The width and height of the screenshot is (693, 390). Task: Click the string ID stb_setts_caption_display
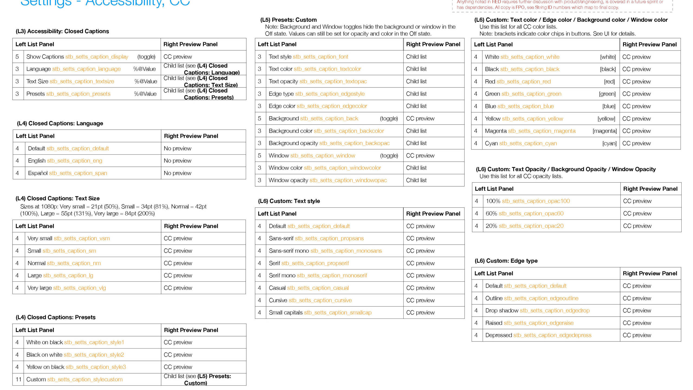[x=97, y=57]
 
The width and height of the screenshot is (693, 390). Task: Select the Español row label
[x=38, y=173]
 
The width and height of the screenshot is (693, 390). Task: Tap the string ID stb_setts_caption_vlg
[x=79, y=288]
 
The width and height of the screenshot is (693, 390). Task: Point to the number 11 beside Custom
[x=18, y=379]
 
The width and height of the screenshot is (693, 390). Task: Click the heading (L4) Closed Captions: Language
[x=60, y=123]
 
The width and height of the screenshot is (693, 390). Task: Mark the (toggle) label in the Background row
[x=389, y=119]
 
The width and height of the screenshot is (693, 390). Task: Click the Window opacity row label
[x=288, y=180]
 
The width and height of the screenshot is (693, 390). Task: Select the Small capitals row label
[x=285, y=313]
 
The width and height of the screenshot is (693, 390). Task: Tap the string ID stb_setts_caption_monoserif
[x=332, y=276]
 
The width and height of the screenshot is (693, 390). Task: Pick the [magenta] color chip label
[x=604, y=131]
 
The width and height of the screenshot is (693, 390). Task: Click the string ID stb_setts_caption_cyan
[x=528, y=144]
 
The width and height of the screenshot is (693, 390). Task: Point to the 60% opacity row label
[x=491, y=214]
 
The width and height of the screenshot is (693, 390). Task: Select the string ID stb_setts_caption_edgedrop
[x=554, y=311]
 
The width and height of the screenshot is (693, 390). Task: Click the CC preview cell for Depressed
[x=637, y=335]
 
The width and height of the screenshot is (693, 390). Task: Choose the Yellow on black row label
[x=45, y=367]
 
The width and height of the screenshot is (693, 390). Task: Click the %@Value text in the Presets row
[x=145, y=94]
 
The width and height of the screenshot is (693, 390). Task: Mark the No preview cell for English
[x=177, y=161]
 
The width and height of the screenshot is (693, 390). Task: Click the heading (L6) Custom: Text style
[x=289, y=201]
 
